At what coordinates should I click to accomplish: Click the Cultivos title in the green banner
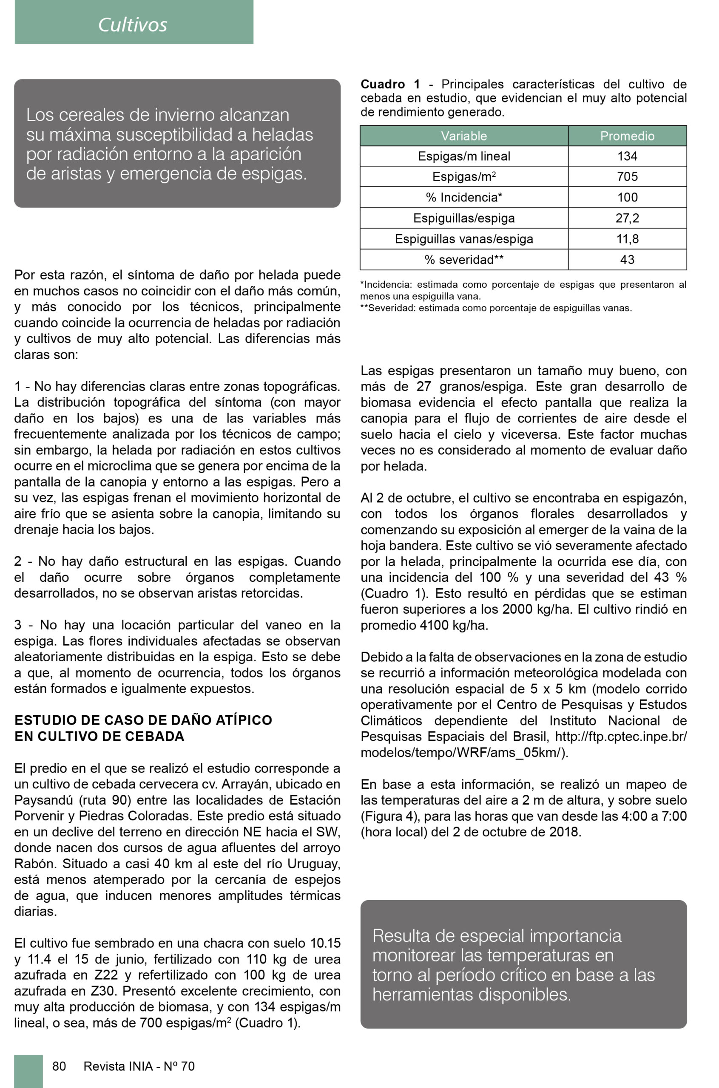(x=133, y=25)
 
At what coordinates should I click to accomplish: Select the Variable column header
(x=463, y=136)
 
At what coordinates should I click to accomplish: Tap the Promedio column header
(x=627, y=136)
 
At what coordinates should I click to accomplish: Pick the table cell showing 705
(x=627, y=176)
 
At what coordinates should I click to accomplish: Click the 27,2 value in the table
(x=627, y=218)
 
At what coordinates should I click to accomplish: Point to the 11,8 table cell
(x=627, y=239)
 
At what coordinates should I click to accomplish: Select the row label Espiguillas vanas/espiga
(x=463, y=239)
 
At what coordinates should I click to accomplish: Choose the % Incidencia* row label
(x=463, y=198)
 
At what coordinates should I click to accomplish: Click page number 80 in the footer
(x=59, y=1066)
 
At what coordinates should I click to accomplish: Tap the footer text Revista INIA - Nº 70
(x=139, y=1066)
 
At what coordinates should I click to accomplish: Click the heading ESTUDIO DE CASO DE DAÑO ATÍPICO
(x=143, y=720)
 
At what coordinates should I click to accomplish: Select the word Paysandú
(x=43, y=800)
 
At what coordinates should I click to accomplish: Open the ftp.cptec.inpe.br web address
(x=620, y=737)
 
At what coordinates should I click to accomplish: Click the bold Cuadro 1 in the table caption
(x=390, y=84)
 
